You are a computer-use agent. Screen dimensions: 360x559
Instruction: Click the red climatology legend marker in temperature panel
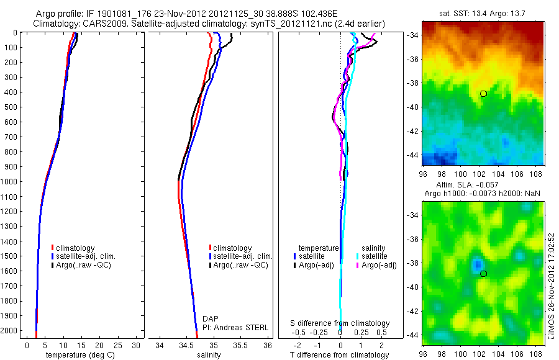point(53,248)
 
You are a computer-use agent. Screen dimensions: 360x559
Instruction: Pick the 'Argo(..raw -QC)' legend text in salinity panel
point(241,265)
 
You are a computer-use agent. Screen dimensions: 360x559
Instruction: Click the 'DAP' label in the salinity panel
point(211,318)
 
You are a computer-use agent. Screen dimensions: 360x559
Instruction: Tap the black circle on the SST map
point(483,94)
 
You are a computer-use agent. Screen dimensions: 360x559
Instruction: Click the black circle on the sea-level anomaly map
point(483,274)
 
